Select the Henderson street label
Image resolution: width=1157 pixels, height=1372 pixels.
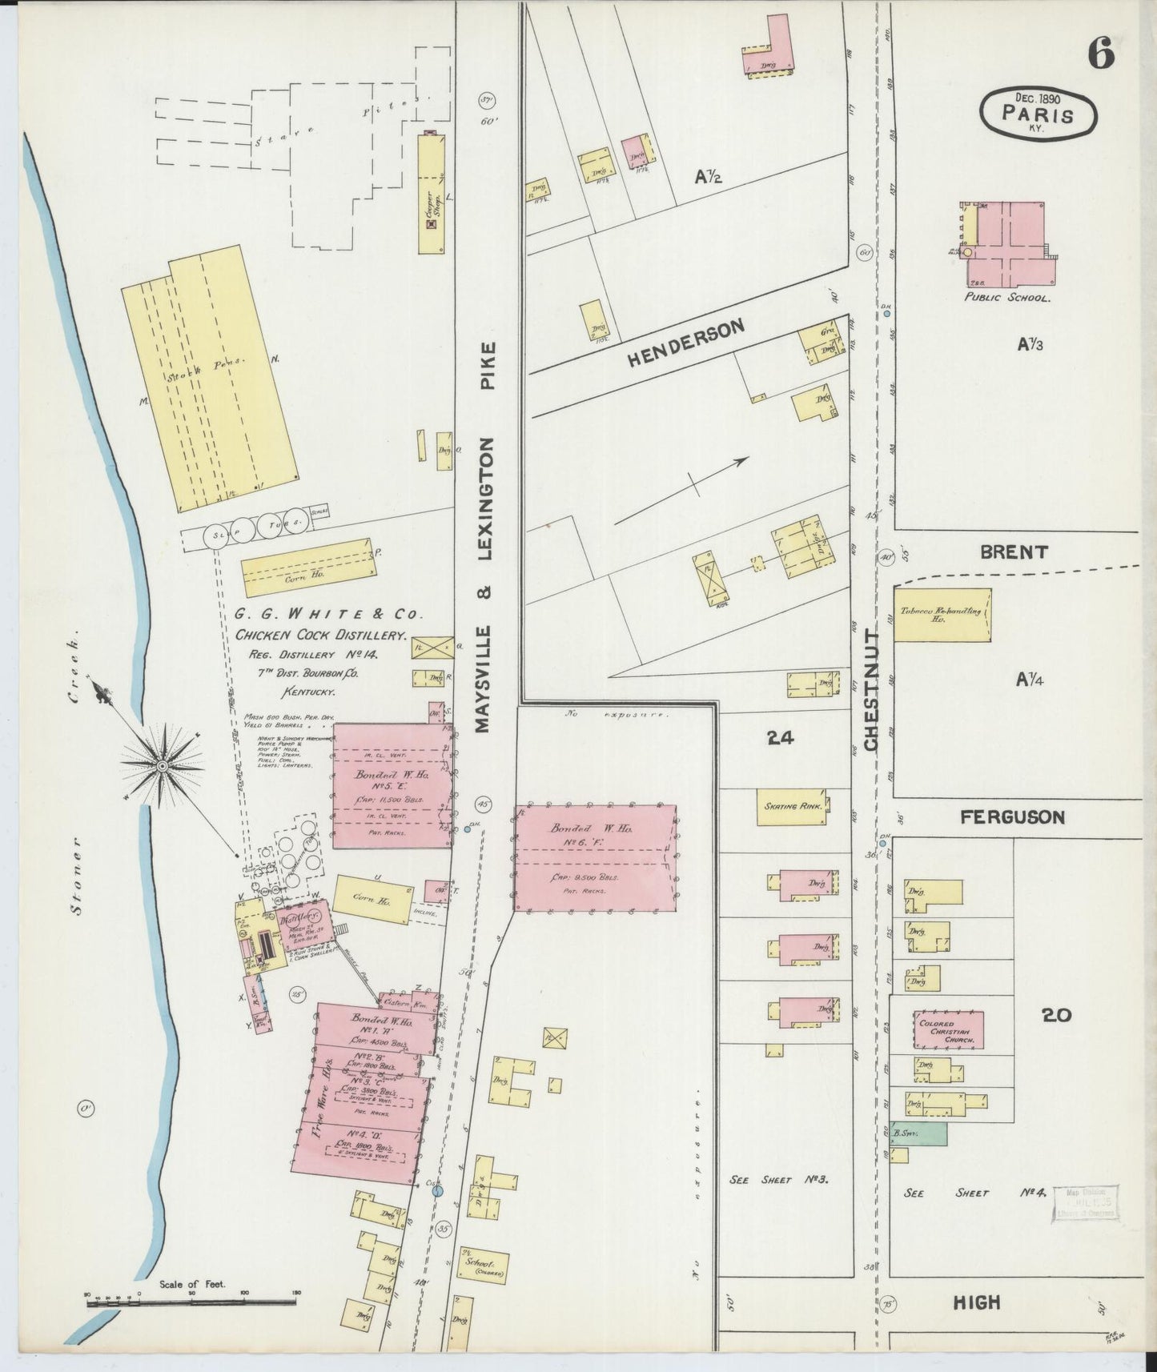point(685,343)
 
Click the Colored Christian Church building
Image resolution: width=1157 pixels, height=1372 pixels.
point(949,1029)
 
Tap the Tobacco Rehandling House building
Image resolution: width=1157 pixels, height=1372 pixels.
point(942,615)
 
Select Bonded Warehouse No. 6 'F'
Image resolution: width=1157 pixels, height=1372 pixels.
point(594,857)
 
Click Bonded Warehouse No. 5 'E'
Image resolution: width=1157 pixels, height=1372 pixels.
point(390,785)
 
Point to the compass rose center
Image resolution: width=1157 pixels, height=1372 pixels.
point(163,767)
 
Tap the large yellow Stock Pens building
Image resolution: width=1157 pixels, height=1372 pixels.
point(210,376)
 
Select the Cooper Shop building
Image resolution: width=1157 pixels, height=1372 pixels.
point(431,195)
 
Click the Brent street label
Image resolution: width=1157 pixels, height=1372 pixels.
point(1013,552)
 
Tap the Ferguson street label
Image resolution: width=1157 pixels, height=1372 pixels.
point(1012,817)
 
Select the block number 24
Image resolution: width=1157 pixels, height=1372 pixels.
point(780,738)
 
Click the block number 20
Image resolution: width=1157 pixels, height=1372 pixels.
point(1056,1015)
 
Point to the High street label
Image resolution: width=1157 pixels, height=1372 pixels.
point(977,1303)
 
